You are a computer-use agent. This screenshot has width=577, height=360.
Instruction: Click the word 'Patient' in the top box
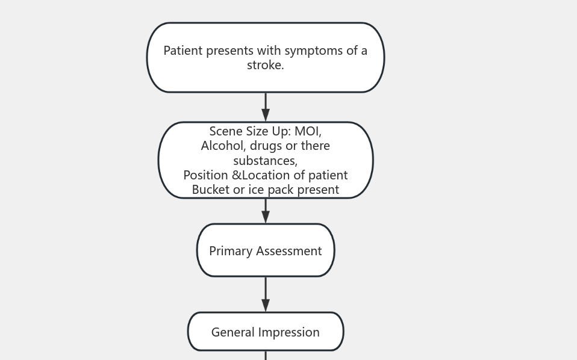tap(183, 51)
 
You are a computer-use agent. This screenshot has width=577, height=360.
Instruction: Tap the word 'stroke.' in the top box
tap(265, 65)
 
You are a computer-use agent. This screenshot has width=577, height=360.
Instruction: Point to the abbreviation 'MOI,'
tap(308, 131)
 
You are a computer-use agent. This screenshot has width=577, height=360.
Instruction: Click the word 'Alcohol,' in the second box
tap(223, 146)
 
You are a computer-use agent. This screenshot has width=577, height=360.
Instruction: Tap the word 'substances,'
tap(265, 161)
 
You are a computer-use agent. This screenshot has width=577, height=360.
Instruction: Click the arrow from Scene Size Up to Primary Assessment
tap(266, 211)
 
